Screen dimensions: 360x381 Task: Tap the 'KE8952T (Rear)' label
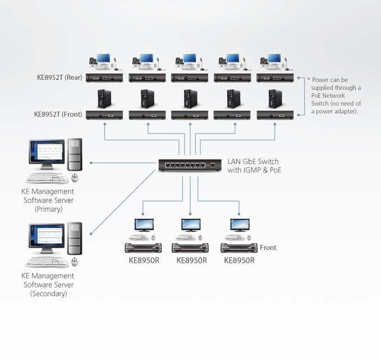point(59,78)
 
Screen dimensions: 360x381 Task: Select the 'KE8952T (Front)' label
point(58,115)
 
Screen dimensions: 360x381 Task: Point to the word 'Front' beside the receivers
point(268,248)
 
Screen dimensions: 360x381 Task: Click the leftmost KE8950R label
point(144,261)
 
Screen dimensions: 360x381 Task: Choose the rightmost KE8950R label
point(239,261)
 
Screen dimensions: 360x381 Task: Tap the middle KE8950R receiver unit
point(190,248)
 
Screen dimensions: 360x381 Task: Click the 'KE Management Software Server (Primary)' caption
point(48,200)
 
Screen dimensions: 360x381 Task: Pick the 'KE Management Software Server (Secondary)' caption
point(48,284)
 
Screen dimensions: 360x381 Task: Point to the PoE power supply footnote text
point(336,95)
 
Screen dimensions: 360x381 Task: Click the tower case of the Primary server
point(75,154)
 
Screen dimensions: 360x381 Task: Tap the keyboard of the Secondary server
point(46,262)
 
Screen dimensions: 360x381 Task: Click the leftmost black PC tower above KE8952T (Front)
point(104,99)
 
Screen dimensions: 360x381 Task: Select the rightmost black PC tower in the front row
point(274,99)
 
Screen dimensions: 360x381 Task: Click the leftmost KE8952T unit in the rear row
point(104,78)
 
